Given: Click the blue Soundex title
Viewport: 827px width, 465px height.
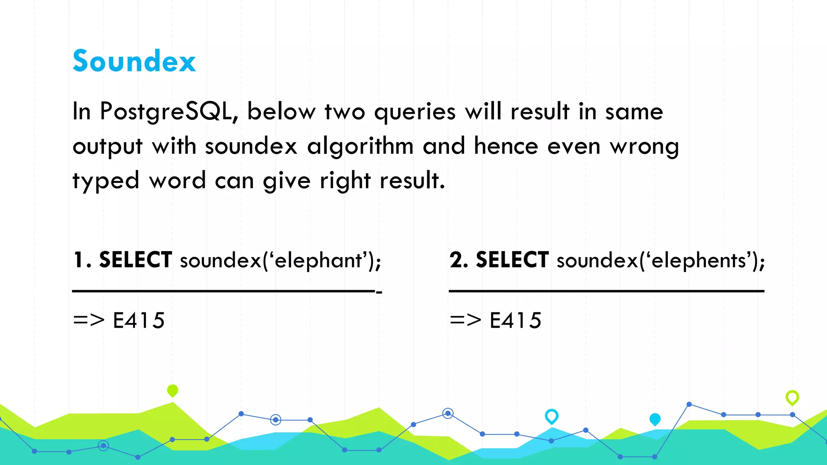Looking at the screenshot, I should click(x=134, y=61).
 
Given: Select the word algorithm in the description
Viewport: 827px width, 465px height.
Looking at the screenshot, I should click(x=360, y=146).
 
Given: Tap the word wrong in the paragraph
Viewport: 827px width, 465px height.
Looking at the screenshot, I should click(x=644, y=146).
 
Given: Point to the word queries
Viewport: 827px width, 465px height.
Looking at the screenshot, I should click(x=415, y=112).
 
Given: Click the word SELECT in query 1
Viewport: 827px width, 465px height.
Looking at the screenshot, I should click(x=136, y=260).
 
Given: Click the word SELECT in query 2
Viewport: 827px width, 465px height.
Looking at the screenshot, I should click(x=512, y=260).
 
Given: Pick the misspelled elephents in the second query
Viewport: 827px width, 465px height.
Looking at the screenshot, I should click(x=698, y=260).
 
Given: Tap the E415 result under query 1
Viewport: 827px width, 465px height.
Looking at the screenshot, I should click(x=139, y=320).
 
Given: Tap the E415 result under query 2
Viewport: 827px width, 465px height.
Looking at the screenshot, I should click(x=516, y=320).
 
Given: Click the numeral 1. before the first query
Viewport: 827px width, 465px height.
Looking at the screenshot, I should click(x=82, y=260).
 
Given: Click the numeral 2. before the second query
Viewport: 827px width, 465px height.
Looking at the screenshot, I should click(x=459, y=260).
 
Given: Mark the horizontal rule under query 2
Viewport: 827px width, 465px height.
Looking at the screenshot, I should click(x=607, y=291).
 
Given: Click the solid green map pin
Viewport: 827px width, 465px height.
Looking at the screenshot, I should click(x=172, y=390).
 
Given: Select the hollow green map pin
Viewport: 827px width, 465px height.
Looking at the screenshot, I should click(x=792, y=398).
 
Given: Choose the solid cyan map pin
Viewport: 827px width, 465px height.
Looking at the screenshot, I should click(x=655, y=419).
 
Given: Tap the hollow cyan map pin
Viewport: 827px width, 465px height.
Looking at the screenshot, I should click(x=552, y=416).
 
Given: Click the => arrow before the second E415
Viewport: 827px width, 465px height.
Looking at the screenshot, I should click(x=466, y=320).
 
